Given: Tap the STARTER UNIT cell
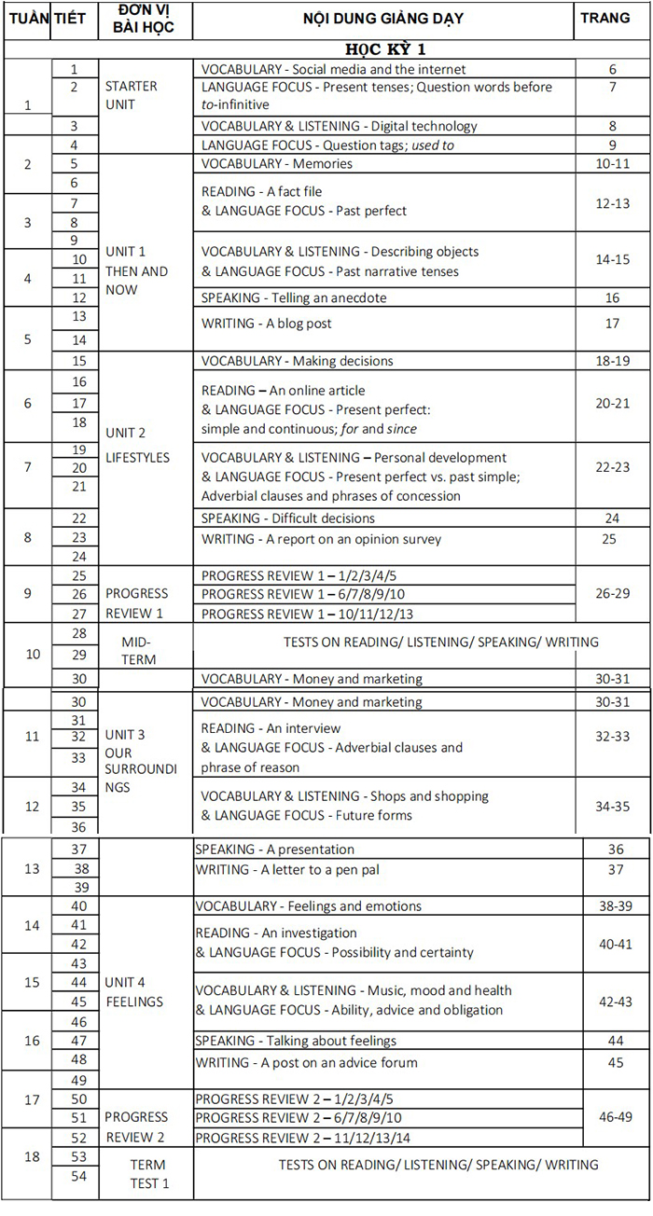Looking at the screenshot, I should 132,95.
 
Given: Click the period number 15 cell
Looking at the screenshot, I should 78,361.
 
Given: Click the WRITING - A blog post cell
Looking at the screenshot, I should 267,324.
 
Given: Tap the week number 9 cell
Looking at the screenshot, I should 27,593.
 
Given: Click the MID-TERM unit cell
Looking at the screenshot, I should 136,651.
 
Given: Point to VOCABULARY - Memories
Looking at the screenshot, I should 277,164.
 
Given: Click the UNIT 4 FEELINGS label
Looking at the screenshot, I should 136,992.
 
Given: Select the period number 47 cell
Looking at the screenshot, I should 78,1040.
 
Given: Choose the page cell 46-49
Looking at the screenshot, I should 615,1109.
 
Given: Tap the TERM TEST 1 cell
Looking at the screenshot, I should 148,1174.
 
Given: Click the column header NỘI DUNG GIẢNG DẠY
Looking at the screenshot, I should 383,18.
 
